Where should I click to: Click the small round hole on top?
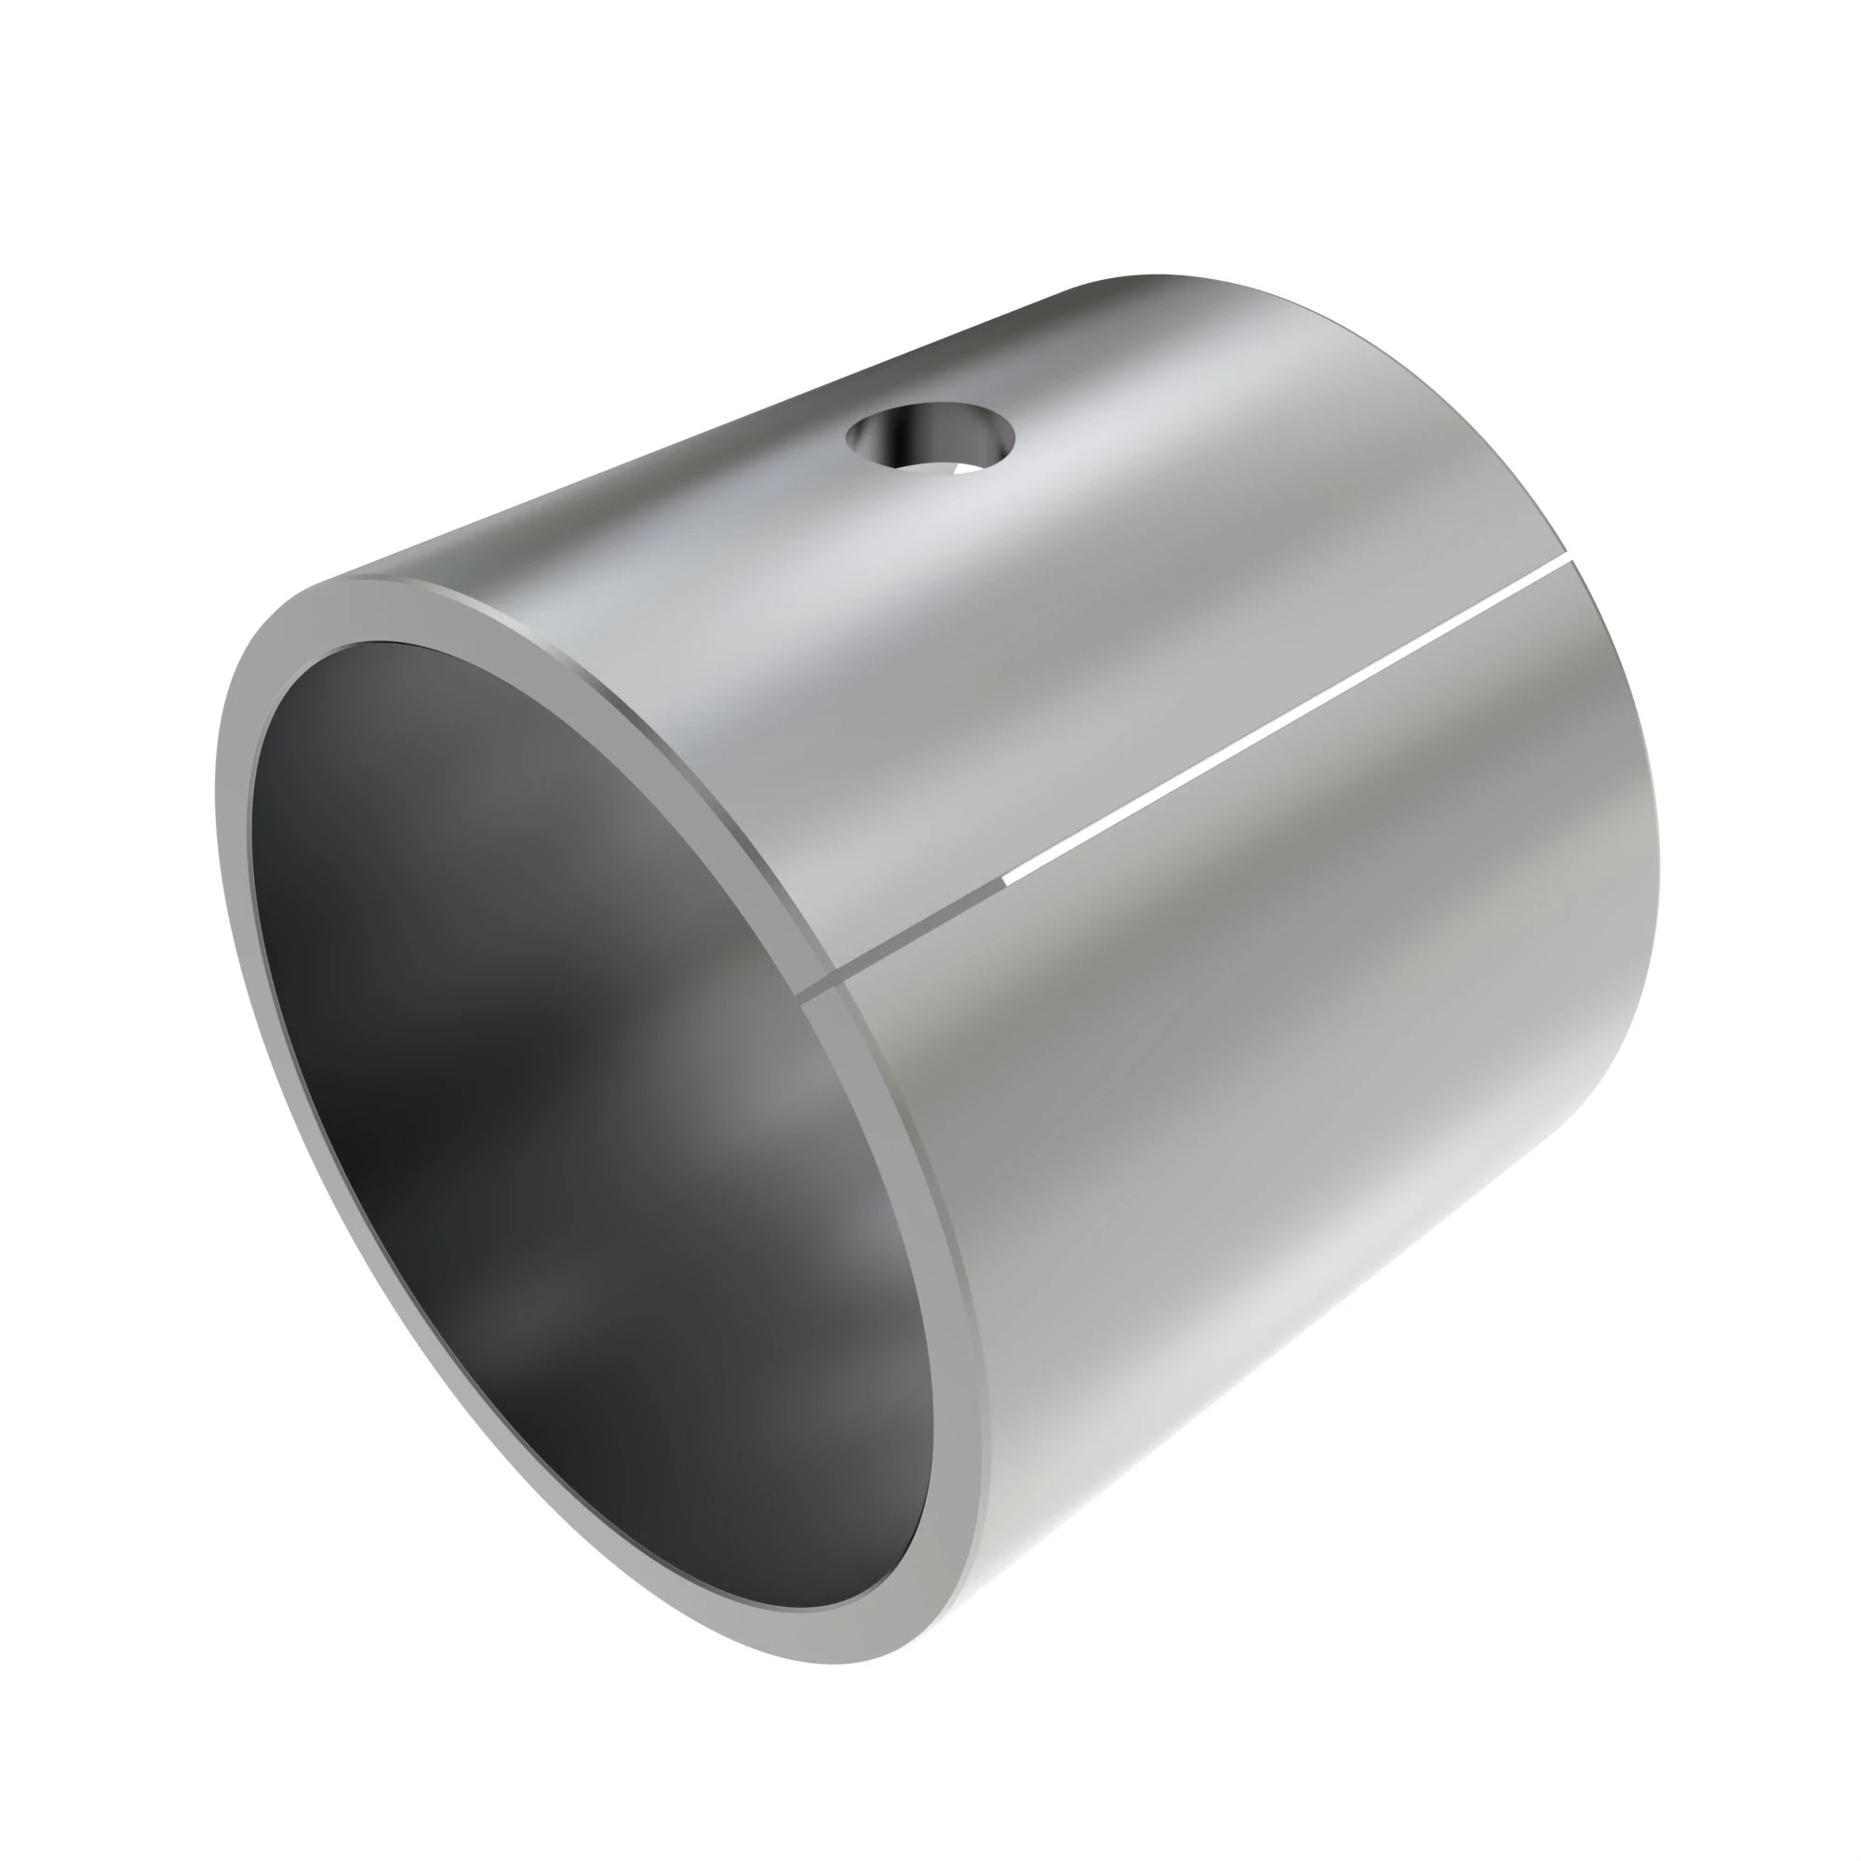point(930,442)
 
